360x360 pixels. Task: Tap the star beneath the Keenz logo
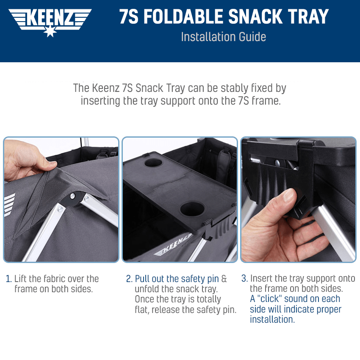point(50,32)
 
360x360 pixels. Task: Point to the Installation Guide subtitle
point(223,37)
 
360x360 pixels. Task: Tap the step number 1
point(8,279)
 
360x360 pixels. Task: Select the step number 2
point(129,279)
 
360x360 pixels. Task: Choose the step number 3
point(244,279)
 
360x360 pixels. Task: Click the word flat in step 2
point(141,310)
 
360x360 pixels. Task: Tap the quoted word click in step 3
point(268,299)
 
